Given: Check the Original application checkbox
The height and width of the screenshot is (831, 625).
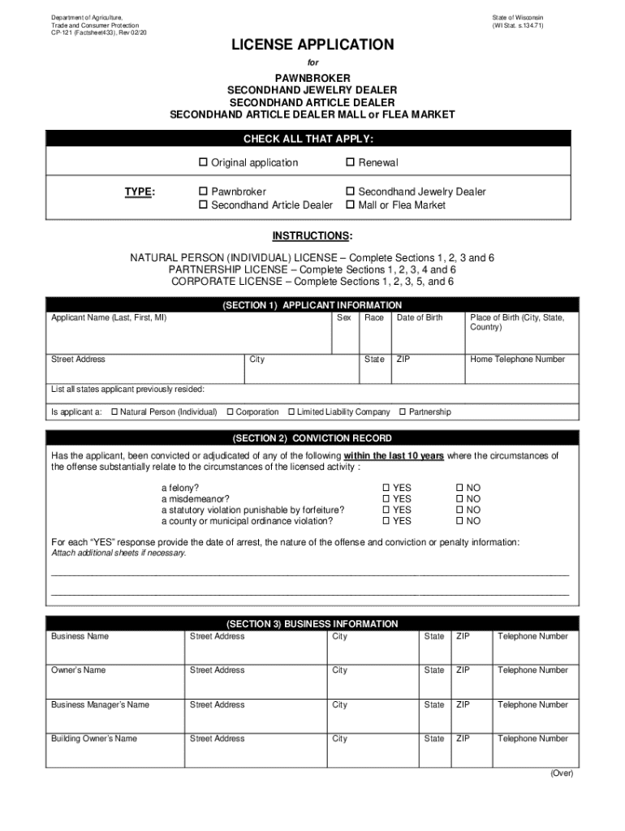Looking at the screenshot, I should coord(204,163).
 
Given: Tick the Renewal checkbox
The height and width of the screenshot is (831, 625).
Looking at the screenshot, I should coord(351,163).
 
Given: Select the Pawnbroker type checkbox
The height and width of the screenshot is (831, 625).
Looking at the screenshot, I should coord(204,192).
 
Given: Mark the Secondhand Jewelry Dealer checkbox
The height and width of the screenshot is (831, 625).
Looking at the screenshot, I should coord(351,192).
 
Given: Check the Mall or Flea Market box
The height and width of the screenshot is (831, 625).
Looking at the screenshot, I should coord(351,206).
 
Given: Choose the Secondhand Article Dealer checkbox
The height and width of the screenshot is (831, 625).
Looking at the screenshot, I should coord(204,206).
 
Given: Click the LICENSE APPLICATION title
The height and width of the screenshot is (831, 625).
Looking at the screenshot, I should coord(312,45).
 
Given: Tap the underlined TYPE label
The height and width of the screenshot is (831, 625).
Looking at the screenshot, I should coord(140,192).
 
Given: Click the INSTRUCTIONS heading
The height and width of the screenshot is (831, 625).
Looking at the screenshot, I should coord(312,236).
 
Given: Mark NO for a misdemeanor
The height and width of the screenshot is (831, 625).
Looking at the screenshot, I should coord(459,499).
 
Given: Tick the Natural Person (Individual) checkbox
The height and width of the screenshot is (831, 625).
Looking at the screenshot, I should coord(114,412).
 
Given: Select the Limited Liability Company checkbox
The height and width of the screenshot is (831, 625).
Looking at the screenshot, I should coord(291,412).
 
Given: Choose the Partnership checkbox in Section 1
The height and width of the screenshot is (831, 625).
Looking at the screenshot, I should coord(403,412).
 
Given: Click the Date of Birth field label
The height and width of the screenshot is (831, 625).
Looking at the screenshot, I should coord(419,318).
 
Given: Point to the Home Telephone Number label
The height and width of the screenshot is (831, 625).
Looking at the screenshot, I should coord(517,360).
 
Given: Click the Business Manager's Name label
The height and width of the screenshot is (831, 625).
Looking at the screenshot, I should coord(100,705).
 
